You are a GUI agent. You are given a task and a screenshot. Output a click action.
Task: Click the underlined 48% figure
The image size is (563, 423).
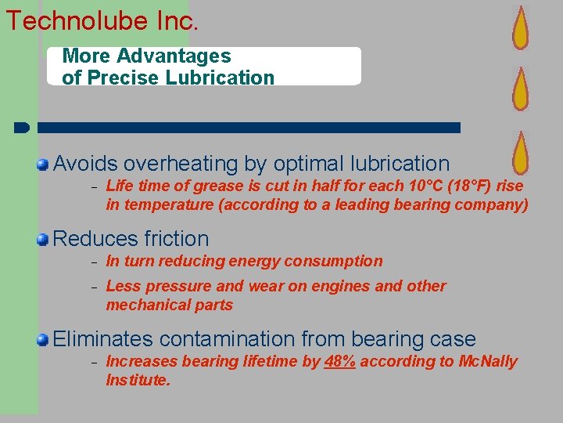(339, 361)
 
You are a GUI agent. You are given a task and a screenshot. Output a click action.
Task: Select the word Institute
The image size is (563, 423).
(138, 380)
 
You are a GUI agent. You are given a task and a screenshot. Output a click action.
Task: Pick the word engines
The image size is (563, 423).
(342, 286)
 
